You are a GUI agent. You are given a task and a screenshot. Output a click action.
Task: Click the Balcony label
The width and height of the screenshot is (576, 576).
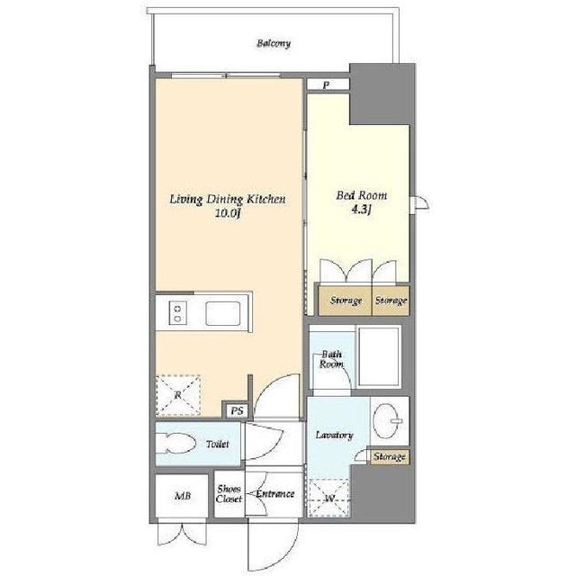click(274, 43)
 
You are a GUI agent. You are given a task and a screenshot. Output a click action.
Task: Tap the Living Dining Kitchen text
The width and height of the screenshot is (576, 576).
click(228, 200)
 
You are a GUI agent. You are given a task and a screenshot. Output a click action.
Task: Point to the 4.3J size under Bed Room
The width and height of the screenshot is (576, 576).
click(362, 210)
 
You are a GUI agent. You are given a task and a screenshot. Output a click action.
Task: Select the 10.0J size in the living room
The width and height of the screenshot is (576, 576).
click(228, 213)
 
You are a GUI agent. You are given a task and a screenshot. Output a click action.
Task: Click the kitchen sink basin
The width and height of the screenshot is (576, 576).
click(223, 313)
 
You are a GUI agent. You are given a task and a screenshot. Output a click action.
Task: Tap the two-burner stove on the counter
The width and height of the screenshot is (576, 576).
click(178, 313)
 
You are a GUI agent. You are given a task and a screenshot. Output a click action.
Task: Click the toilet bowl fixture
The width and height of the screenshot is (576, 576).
click(175, 444)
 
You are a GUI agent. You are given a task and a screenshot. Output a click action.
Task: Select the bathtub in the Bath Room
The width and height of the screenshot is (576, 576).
click(378, 356)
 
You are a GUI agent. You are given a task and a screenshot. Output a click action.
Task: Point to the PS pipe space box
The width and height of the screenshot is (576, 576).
click(238, 410)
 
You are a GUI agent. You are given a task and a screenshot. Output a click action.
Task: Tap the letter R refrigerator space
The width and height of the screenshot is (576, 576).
click(178, 396)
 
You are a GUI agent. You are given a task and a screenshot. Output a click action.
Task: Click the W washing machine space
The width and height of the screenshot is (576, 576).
click(329, 499)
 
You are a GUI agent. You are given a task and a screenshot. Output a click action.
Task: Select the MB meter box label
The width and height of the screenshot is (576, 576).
click(183, 496)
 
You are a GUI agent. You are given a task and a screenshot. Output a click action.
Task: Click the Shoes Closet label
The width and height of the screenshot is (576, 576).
click(229, 494)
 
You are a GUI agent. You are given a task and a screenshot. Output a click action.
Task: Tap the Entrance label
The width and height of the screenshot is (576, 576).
click(275, 494)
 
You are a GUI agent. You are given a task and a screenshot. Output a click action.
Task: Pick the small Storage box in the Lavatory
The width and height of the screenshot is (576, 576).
click(390, 457)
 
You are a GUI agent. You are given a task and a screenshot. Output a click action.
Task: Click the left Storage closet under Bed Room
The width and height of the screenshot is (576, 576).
click(345, 301)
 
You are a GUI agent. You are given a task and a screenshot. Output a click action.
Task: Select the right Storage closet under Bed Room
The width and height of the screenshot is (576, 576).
click(391, 301)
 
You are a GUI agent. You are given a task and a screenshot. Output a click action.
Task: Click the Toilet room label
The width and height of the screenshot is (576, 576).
click(218, 444)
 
